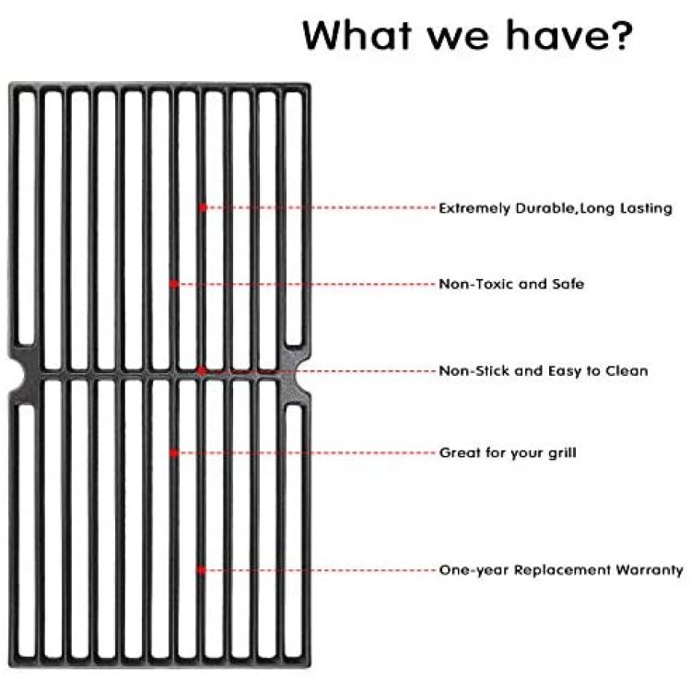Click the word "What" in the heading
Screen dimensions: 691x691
coord(357,35)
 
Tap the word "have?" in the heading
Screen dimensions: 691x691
coord(569,35)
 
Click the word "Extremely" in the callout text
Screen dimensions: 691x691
coord(474,209)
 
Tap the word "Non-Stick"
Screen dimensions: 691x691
coord(474,371)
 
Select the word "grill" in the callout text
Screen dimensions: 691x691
coord(562,453)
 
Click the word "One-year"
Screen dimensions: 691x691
coord(474,570)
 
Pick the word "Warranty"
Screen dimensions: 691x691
coord(650,570)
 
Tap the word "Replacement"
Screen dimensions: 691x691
coord(562,570)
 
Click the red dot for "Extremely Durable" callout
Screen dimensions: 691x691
coord(203,207)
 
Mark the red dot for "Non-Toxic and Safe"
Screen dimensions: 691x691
coord(174,285)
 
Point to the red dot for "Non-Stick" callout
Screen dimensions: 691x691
coord(202,371)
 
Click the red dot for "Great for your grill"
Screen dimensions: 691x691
coord(174,453)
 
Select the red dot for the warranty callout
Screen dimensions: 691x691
coord(202,570)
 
